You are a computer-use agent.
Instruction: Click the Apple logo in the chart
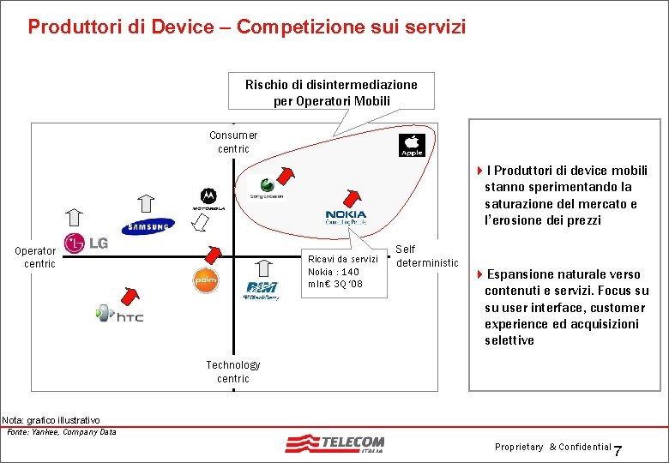413,145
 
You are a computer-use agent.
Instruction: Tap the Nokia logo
346,217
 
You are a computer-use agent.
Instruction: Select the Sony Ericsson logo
266,189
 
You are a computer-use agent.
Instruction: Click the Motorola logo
208,200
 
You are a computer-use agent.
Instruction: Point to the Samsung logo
147,227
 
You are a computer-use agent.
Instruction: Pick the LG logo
86,244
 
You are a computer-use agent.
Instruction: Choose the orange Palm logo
205,280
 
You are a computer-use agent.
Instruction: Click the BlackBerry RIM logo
262,290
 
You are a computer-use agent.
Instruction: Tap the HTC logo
119,315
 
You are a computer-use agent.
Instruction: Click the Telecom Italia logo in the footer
335,445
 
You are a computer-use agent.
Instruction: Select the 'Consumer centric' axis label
233,141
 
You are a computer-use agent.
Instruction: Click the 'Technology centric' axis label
233,371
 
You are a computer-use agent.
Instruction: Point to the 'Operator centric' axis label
35,257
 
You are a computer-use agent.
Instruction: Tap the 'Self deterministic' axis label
426,256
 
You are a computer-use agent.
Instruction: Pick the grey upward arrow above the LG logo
75,218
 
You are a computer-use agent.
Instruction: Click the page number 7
621,452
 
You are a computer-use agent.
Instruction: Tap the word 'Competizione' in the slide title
290,27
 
